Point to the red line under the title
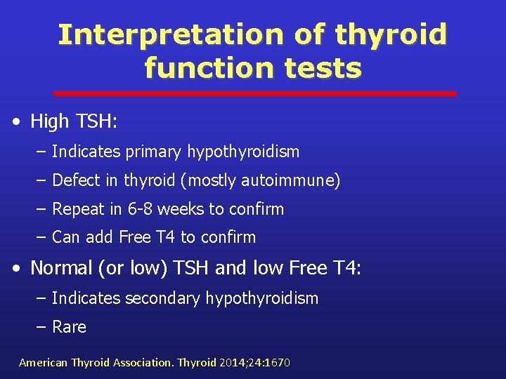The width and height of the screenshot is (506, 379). point(255,93)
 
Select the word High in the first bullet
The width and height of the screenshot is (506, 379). point(49,121)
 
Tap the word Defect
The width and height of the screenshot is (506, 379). point(76,180)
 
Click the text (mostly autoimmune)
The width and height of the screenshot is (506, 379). point(260,180)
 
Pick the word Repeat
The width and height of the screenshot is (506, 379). point(78,209)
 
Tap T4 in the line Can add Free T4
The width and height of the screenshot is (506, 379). point(165,237)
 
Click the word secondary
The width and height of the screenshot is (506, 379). point(162,298)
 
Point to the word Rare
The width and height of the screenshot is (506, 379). point(69,327)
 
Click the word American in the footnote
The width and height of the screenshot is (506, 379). point(43,363)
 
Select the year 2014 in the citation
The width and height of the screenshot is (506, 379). point(231,363)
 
